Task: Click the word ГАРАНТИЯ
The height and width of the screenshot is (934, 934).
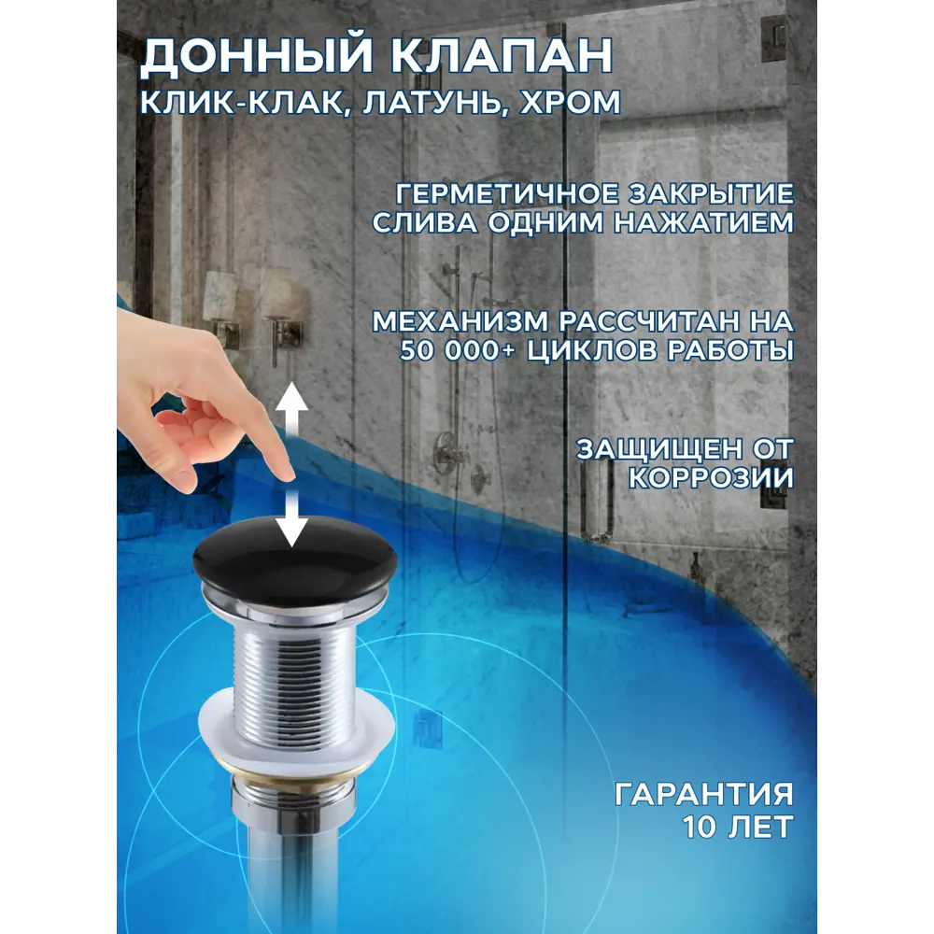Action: click(x=704, y=795)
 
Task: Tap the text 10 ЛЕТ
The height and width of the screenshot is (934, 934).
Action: click(x=738, y=826)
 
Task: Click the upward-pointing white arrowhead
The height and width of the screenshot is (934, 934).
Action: click(x=293, y=398)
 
